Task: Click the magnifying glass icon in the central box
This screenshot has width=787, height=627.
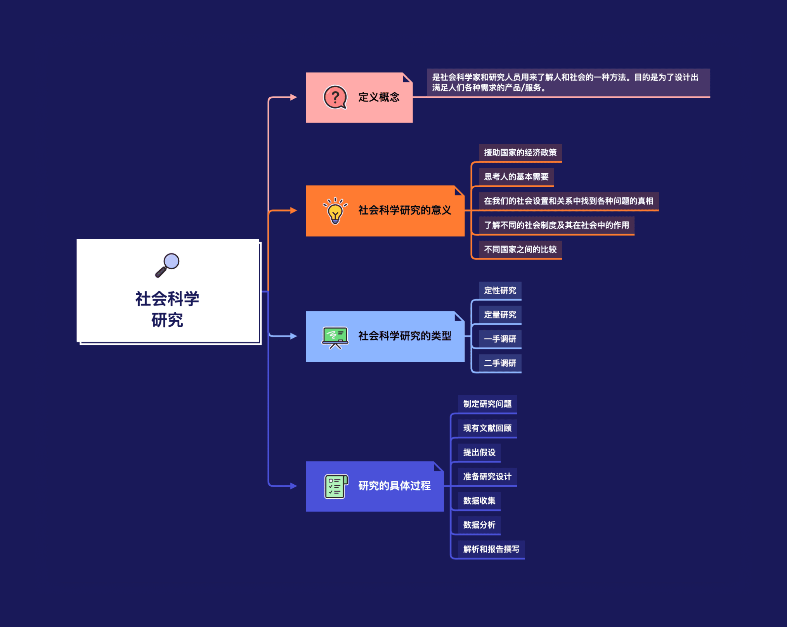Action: (168, 265)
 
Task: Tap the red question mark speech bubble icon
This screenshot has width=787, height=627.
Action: (335, 97)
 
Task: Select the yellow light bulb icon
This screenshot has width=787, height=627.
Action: (335, 211)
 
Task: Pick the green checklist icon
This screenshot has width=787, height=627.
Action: (336, 486)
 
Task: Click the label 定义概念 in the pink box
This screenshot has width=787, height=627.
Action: (378, 97)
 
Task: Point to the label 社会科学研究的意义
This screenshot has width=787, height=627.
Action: (404, 211)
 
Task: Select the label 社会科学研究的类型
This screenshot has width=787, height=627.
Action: (404, 336)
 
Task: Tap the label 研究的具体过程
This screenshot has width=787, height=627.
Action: (394, 486)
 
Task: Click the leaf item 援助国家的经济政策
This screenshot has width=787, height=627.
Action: (520, 153)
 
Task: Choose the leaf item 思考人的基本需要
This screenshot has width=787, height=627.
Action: (516, 177)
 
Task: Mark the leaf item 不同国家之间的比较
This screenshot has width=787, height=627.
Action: (520, 249)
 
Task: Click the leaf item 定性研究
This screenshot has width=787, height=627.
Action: (500, 290)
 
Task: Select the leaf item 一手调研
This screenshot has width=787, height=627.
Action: (500, 339)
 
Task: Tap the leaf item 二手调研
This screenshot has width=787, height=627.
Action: (500, 363)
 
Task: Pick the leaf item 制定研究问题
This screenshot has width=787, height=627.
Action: (487, 404)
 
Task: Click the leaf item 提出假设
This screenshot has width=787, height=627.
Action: (479, 453)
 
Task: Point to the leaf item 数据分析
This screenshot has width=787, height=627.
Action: (479, 525)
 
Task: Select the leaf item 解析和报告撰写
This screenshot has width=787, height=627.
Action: (491, 549)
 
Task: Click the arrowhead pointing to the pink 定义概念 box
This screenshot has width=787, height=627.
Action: (294, 97)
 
